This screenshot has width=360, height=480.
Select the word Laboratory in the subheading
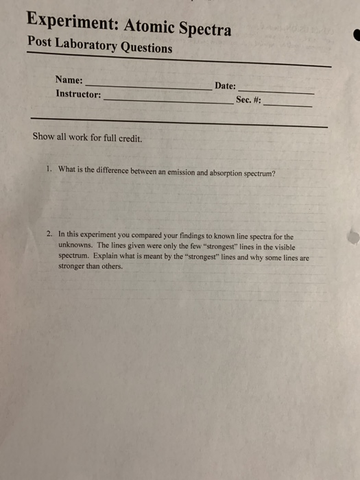[85, 45]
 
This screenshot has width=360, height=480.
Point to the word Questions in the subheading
[145, 49]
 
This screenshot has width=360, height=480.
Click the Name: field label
[69, 80]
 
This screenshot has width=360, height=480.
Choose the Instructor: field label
[78, 93]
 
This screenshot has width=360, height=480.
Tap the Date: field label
[225, 86]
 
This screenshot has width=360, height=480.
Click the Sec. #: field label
[248, 100]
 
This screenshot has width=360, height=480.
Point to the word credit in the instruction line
[129, 138]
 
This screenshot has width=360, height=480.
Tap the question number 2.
[49, 234]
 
